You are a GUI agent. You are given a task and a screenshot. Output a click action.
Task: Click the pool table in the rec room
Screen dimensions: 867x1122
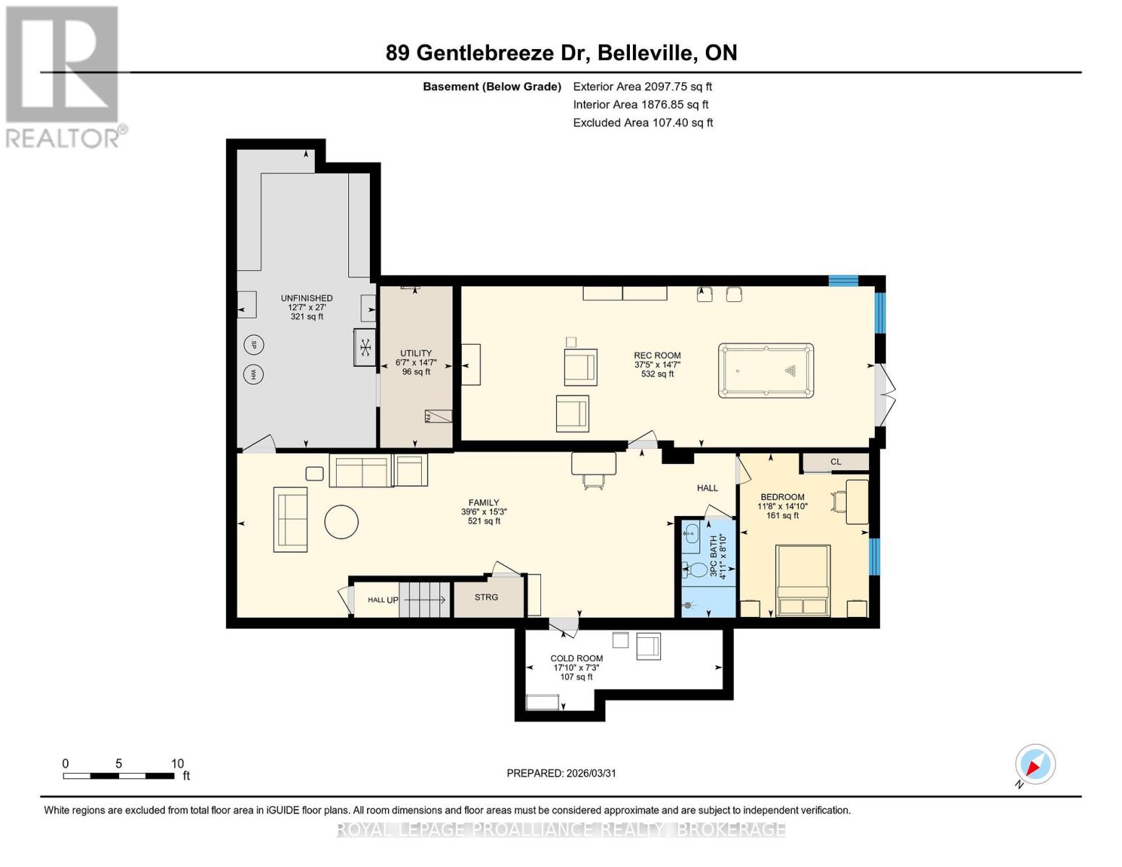[x=766, y=371]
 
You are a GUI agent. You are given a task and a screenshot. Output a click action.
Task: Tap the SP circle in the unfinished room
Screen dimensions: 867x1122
[x=254, y=345]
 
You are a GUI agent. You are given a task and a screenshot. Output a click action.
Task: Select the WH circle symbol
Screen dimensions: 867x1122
[x=254, y=374]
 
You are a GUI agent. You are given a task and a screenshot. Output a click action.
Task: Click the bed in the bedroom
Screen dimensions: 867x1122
[x=803, y=581]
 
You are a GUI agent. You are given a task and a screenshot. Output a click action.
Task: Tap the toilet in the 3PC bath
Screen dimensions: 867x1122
[x=695, y=570]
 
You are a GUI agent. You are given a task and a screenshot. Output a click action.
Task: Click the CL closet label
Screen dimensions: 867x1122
[x=836, y=462]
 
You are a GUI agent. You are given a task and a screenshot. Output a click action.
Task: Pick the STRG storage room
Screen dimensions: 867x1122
[x=487, y=598]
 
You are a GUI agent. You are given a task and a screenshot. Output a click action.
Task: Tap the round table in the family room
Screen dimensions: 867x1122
[x=342, y=522]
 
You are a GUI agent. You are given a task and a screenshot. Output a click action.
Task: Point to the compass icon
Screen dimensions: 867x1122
[x=1035, y=764]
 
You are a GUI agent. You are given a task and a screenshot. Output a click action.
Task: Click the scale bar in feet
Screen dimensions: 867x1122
[x=119, y=775]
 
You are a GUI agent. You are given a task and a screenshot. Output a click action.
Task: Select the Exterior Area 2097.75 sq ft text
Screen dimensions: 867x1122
[x=642, y=87]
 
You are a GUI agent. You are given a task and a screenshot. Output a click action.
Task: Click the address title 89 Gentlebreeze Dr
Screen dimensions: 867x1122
[x=561, y=53]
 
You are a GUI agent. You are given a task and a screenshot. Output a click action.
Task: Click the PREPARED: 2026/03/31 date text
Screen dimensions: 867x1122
[x=561, y=773]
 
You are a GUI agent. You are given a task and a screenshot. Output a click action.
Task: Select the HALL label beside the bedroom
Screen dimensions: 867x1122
[x=707, y=488]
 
